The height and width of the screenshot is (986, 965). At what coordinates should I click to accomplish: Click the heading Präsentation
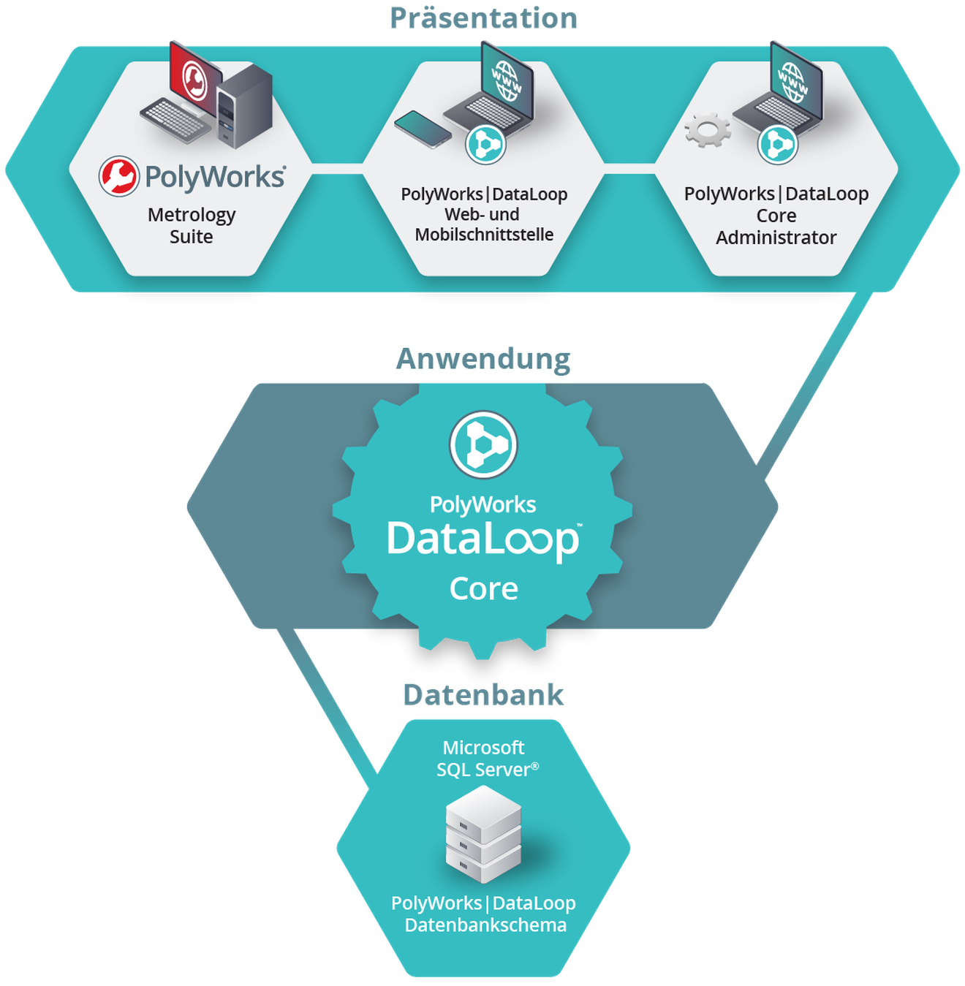[483, 18]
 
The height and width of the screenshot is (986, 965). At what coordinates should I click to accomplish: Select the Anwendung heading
[483, 360]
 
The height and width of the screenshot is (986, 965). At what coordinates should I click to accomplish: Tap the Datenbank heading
[483, 695]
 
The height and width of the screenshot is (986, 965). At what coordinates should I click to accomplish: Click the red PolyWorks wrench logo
[118, 176]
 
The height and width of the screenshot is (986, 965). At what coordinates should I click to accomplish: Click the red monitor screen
[194, 79]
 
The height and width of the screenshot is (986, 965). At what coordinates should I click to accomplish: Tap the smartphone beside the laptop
[423, 129]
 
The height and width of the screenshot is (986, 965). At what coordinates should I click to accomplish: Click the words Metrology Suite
[192, 226]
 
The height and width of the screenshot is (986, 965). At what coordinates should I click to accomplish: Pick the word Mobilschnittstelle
[484, 235]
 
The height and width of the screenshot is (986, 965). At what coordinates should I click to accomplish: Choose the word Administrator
[776, 238]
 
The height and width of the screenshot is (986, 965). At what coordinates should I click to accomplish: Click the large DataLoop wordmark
[483, 540]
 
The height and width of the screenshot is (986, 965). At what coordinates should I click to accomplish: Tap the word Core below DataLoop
[483, 589]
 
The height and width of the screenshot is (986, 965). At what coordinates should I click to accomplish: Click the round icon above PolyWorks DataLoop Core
[483, 444]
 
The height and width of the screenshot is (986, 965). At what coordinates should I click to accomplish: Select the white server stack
[483, 833]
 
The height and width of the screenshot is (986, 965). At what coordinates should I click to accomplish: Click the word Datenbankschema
[485, 925]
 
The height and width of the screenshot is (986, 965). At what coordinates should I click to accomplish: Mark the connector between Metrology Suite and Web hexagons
[337, 174]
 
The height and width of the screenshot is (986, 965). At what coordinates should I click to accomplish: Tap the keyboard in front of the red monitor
[174, 120]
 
